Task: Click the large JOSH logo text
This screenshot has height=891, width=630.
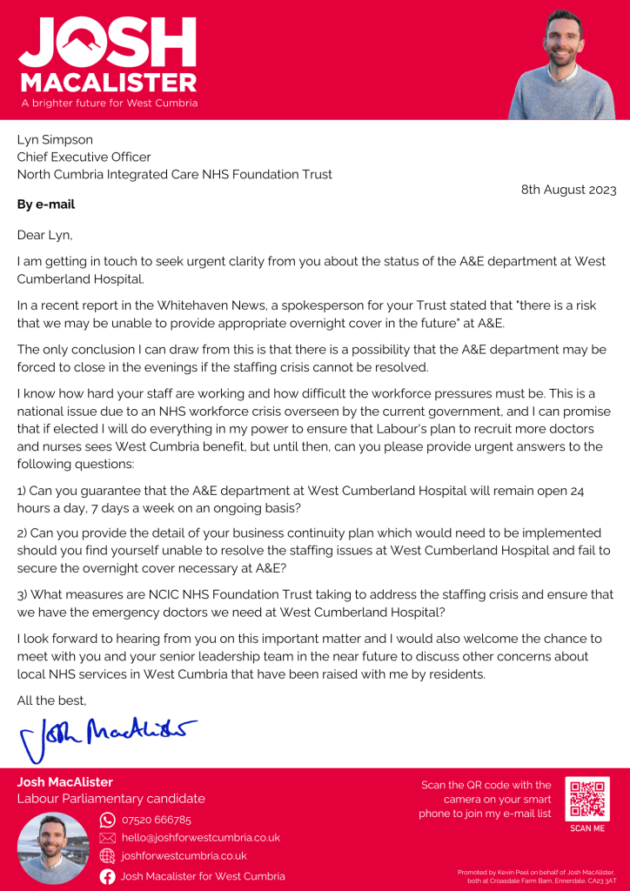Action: tap(107, 41)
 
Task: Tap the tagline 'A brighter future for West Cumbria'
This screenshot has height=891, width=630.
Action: tap(108, 103)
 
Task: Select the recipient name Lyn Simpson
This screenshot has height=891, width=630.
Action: tap(55, 139)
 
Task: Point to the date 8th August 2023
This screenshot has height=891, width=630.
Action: tap(568, 190)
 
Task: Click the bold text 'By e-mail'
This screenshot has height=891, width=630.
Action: tap(46, 204)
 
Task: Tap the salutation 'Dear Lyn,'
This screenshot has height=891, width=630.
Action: tap(45, 235)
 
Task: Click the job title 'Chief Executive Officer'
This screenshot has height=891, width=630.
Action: tap(84, 157)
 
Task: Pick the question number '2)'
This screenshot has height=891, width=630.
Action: tap(23, 533)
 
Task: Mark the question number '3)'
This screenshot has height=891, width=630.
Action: tap(23, 594)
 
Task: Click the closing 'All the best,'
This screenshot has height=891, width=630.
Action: tap(52, 700)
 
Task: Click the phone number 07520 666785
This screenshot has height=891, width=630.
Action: tap(157, 820)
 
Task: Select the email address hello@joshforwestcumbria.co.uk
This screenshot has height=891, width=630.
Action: tap(200, 837)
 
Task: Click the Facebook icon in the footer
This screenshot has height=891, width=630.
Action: tap(108, 876)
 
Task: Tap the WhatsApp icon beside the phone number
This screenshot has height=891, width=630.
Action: tap(108, 820)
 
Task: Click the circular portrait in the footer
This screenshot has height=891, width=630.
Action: tap(53, 847)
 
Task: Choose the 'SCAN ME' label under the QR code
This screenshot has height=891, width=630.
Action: tap(587, 828)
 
